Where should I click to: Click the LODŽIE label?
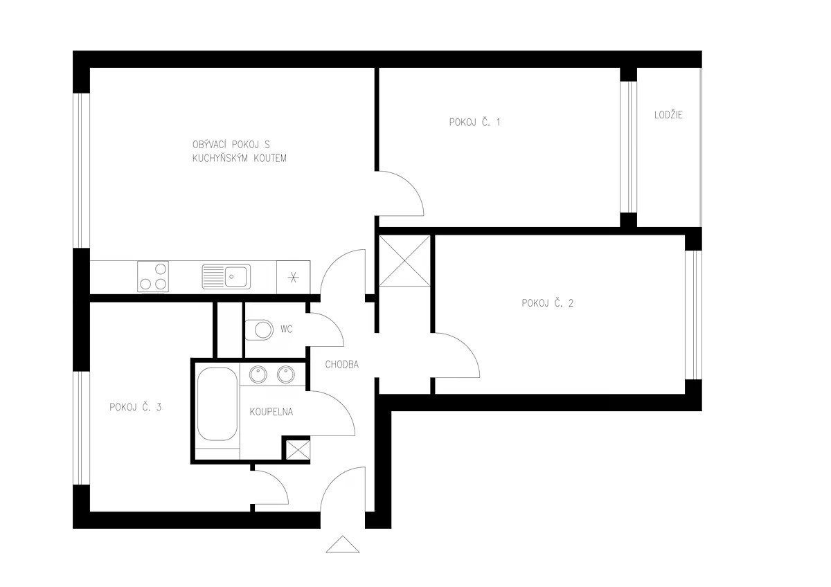(x=668, y=115)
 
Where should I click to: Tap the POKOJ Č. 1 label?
(x=474, y=122)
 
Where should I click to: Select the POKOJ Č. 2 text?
(x=547, y=303)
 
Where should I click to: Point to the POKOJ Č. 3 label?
(x=136, y=407)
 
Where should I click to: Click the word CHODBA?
(x=341, y=365)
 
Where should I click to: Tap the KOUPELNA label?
(x=271, y=412)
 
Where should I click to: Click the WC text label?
(x=287, y=329)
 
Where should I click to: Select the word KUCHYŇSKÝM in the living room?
(x=220, y=159)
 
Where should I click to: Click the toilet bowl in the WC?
(x=259, y=329)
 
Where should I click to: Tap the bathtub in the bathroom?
(x=217, y=404)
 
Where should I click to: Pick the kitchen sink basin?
(x=235, y=277)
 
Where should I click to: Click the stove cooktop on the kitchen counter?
(x=153, y=276)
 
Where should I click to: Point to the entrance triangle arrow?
(x=342, y=544)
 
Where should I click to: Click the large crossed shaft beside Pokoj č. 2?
(x=404, y=261)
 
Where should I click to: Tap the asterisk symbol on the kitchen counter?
(x=294, y=278)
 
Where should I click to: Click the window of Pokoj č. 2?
(x=693, y=315)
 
